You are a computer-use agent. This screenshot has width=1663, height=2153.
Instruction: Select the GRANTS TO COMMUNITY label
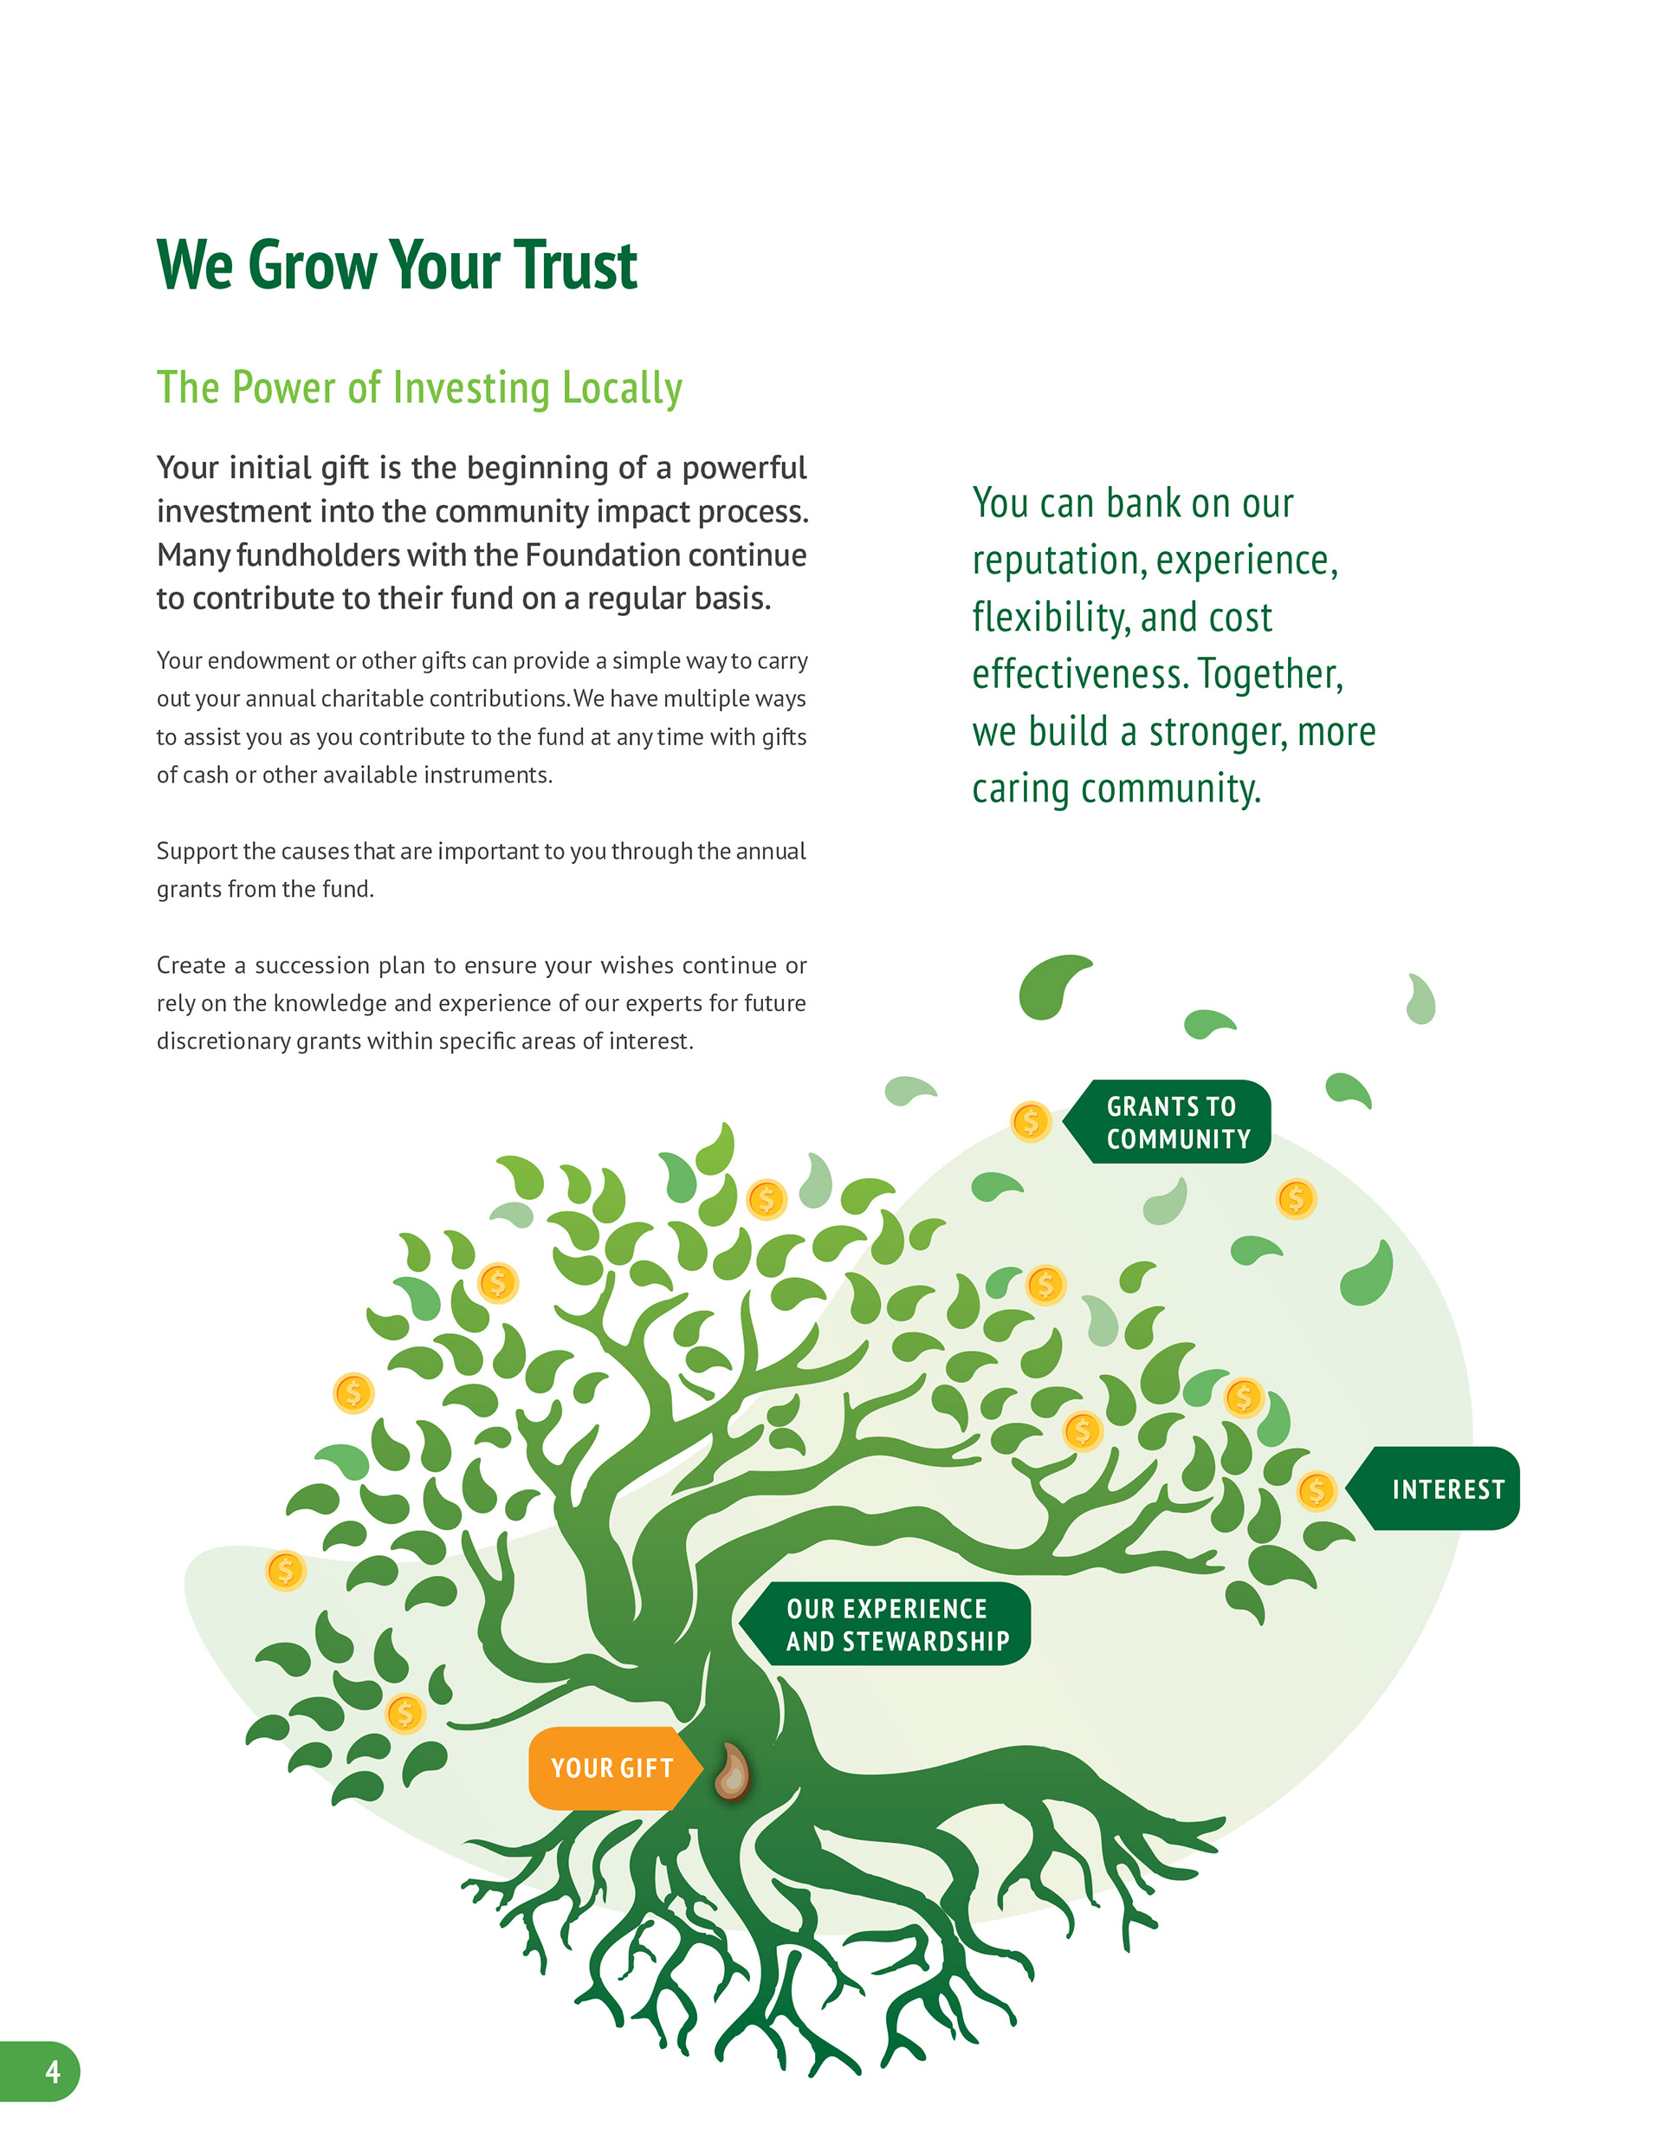pyautogui.click(x=1177, y=1122)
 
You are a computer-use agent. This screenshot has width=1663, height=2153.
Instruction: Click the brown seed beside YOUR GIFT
pyautogui.click(x=730, y=1772)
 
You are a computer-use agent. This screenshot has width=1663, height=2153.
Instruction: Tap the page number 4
pyautogui.click(x=52, y=2072)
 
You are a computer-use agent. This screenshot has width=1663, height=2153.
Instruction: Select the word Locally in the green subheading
pyautogui.click(x=621, y=388)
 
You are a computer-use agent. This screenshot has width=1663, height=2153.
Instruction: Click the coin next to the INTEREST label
pyautogui.click(x=1316, y=1490)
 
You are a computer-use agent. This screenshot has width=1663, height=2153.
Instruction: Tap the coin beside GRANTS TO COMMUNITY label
pyautogui.click(x=1030, y=1121)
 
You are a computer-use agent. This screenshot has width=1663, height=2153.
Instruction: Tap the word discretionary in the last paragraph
pyautogui.click(x=223, y=1041)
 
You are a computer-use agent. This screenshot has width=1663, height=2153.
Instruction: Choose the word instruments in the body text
pyautogui.click(x=487, y=775)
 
